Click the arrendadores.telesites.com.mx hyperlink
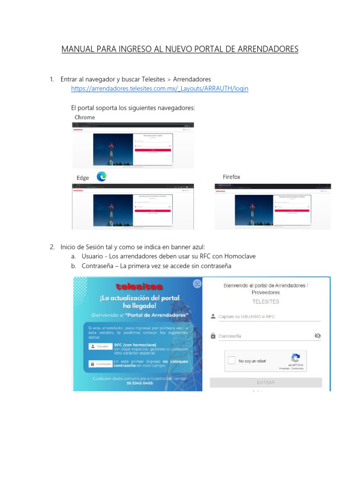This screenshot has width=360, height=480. click(x=159, y=89)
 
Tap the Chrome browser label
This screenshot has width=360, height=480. click(x=85, y=117)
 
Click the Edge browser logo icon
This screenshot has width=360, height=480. click(x=101, y=177)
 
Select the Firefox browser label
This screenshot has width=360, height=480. click(x=231, y=177)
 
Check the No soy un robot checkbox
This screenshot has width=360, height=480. click(x=232, y=361)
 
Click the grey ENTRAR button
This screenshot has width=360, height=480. click(x=266, y=382)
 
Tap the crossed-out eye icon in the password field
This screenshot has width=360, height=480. click(x=317, y=336)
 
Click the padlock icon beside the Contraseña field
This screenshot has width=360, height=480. click(x=213, y=336)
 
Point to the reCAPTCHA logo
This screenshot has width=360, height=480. click(x=295, y=358)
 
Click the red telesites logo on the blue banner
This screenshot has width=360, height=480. click(x=139, y=286)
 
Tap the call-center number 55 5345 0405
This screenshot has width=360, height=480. click(x=140, y=383)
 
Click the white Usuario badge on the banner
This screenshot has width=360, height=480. click(x=100, y=346)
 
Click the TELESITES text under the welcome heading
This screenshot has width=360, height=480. click(x=266, y=301)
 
